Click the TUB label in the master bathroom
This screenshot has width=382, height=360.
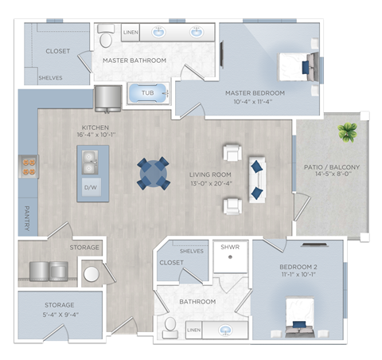click(147, 93)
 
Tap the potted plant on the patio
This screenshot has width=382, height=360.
click(347, 131)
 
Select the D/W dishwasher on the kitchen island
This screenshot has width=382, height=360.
click(91, 187)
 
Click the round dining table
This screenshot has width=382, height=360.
click(154, 174)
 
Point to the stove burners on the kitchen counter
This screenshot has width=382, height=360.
click(29, 166)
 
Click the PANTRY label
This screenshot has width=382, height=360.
click(27, 218)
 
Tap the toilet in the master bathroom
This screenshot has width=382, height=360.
click(106, 36)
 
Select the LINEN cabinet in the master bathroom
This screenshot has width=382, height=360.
click(131, 33)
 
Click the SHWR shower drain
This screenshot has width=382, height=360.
click(230, 256)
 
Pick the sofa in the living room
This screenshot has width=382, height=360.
click(257, 180)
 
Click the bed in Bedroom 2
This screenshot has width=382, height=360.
click(300, 317)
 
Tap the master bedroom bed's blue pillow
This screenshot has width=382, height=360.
click(306, 68)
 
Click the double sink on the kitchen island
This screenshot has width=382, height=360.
click(90, 162)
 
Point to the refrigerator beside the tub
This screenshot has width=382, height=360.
click(108, 99)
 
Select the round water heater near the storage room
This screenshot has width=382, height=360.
click(92, 274)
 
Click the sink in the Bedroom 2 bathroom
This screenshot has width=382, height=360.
click(225, 331)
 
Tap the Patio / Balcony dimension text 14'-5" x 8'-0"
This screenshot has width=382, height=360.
click(333, 174)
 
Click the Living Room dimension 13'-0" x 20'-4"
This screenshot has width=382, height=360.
click(211, 183)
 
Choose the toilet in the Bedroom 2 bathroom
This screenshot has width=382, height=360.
click(170, 327)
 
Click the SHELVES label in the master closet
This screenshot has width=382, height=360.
click(50, 78)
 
